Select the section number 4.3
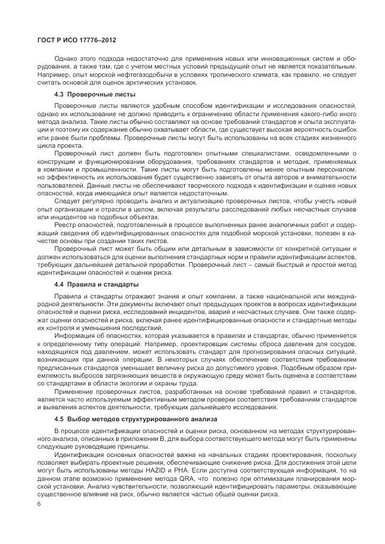click(x=59, y=95)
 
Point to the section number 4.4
click(x=59, y=284)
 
